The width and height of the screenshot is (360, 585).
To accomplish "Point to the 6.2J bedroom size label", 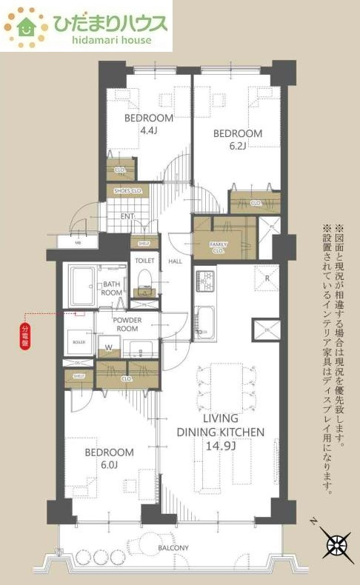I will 237,147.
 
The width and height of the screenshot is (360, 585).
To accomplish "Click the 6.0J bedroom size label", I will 108,467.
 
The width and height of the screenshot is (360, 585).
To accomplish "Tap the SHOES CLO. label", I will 127,191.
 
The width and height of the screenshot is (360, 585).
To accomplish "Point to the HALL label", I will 175,261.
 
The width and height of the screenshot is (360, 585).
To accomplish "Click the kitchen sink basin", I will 205,320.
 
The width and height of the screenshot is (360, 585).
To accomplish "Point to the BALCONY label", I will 172,547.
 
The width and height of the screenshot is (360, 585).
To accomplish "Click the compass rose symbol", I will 337,546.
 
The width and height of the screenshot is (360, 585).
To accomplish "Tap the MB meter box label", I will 79,242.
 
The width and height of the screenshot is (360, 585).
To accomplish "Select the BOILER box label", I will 79,341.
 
